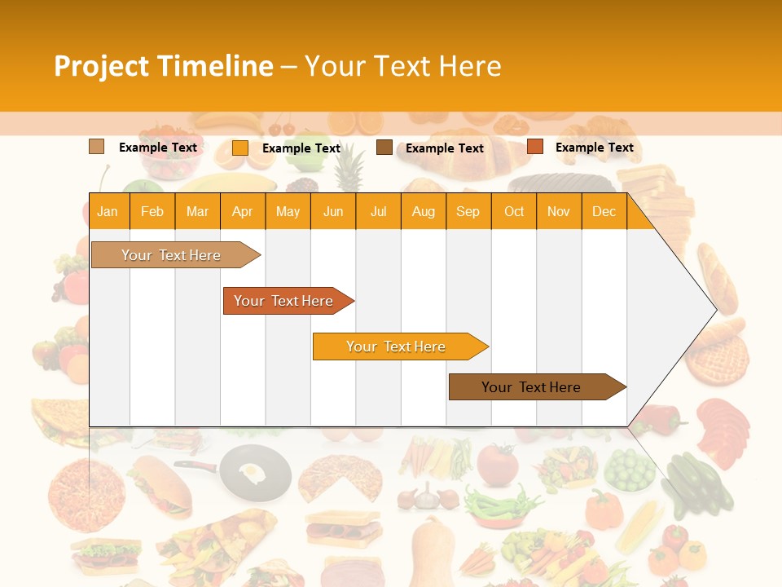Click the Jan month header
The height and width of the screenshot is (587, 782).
[x=108, y=211]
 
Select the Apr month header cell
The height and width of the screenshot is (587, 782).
[x=243, y=211]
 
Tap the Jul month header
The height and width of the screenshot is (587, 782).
[x=378, y=211]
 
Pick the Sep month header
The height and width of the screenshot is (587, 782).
[x=468, y=211]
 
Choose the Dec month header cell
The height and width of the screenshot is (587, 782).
[x=604, y=211]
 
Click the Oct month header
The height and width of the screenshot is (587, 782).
[x=513, y=211]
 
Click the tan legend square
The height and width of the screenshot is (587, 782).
[x=96, y=147]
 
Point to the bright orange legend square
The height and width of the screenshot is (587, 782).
[x=239, y=148]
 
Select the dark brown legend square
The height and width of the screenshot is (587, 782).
[x=384, y=147]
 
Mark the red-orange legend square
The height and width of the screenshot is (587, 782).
[x=534, y=147]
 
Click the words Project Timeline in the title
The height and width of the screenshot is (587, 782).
[x=163, y=66]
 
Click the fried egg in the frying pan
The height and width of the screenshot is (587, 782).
[x=252, y=470]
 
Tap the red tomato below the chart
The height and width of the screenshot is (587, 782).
[x=497, y=465]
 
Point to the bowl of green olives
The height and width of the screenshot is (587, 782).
[x=628, y=470]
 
